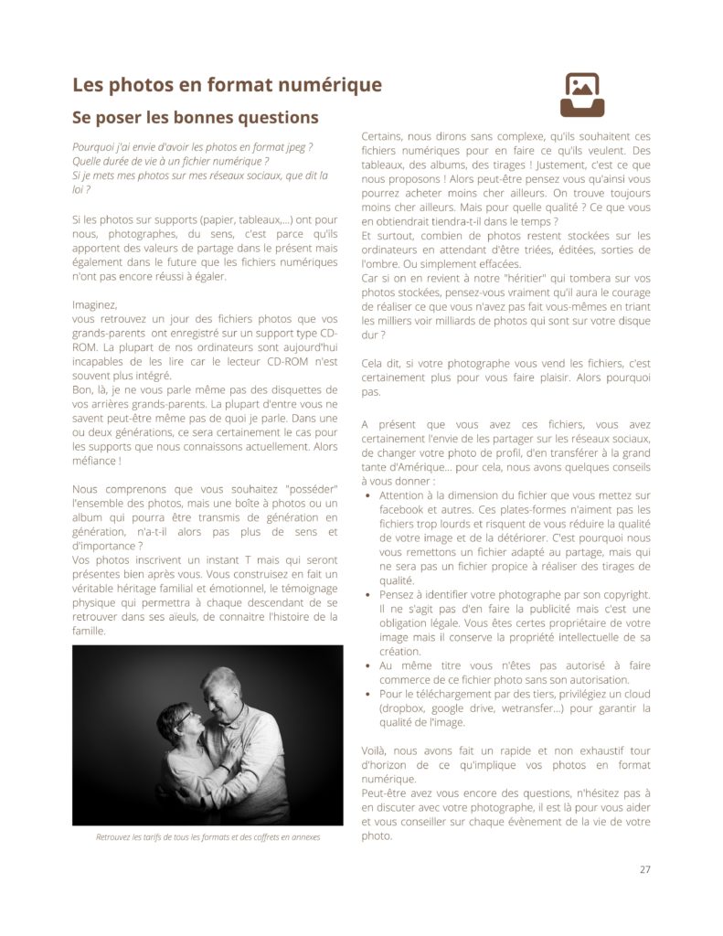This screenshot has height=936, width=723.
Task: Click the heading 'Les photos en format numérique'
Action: (x=227, y=85)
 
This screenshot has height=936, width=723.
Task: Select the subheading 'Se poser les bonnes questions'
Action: (x=195, y=117)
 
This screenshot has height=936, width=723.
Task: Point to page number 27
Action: (x=644, y=868)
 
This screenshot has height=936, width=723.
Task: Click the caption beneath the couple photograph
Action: (x=207, y=836)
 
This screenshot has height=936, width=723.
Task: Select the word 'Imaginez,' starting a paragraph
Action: (x=95, y=304)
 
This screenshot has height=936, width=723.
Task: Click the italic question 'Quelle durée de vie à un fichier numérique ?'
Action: (x=170, y=161)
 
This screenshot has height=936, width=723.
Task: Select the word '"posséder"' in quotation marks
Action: (x=310, y=489)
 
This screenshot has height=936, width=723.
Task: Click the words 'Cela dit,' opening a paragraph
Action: (x=384, y=362)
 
